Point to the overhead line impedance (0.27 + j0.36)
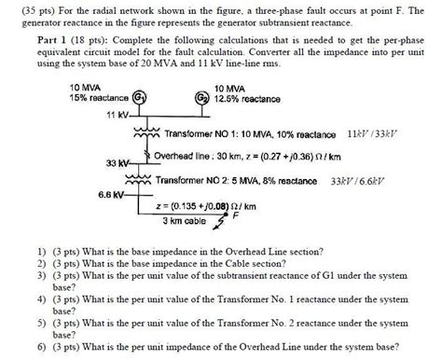(283, 156)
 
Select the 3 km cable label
(185, 221)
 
